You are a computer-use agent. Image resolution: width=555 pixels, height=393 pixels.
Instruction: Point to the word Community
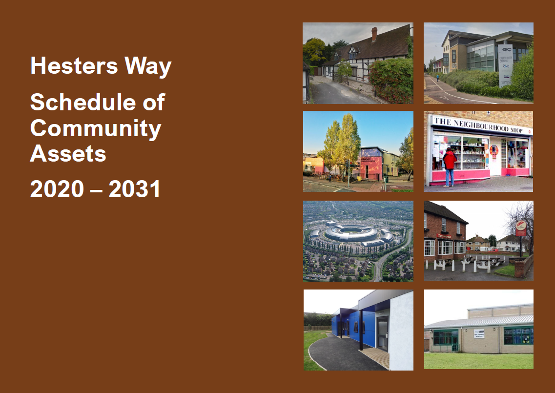tap(96, 128)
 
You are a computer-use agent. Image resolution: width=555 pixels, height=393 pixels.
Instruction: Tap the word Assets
tap(68, 154)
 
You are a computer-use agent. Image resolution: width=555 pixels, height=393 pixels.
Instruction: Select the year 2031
tap(135, 189)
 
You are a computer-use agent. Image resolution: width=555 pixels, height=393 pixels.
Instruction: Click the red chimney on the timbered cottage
tap(374, 34)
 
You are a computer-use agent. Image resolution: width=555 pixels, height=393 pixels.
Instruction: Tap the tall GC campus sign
tap(505, 65)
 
